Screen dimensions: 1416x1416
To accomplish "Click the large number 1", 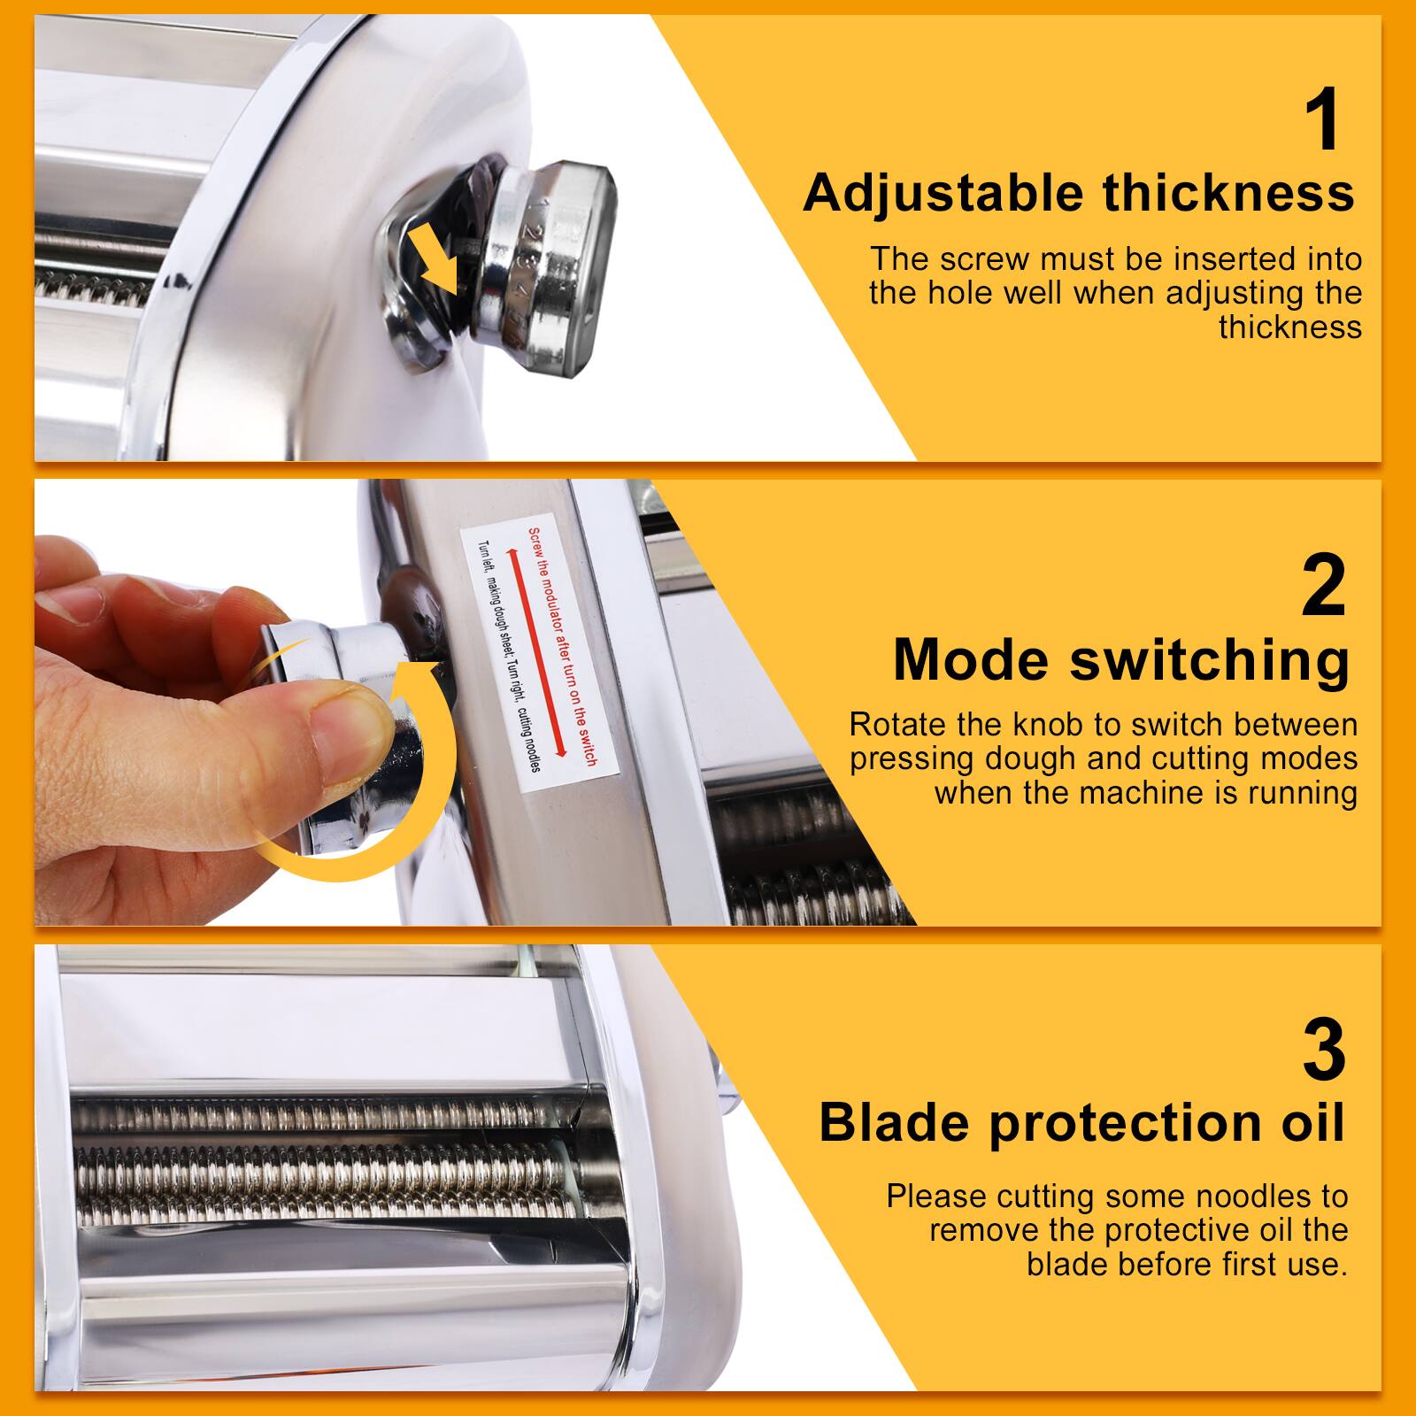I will coord(1325,122).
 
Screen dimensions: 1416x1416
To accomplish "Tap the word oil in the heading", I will coord(1305,1122).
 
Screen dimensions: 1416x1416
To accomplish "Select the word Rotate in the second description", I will coord(897,725).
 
